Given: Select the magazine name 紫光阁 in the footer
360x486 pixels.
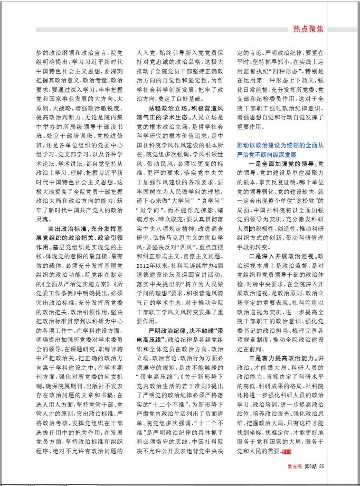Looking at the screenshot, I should click(295, 465).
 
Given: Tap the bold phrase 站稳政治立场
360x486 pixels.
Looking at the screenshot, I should click(160, 93).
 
